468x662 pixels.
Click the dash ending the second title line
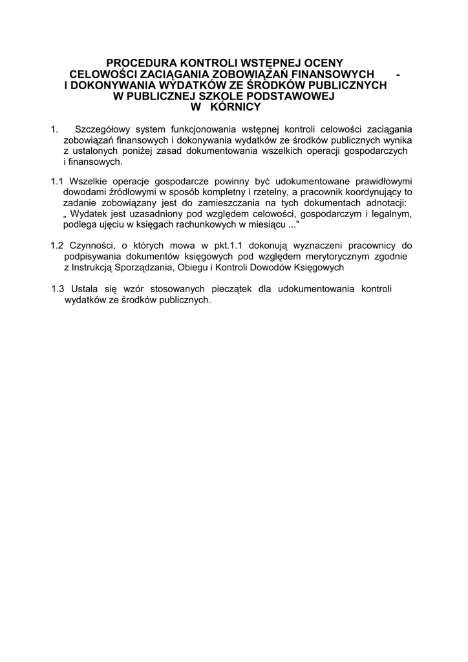click(399, 74)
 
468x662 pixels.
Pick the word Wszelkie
click(87, 181)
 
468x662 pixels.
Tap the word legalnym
click(390, 214)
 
